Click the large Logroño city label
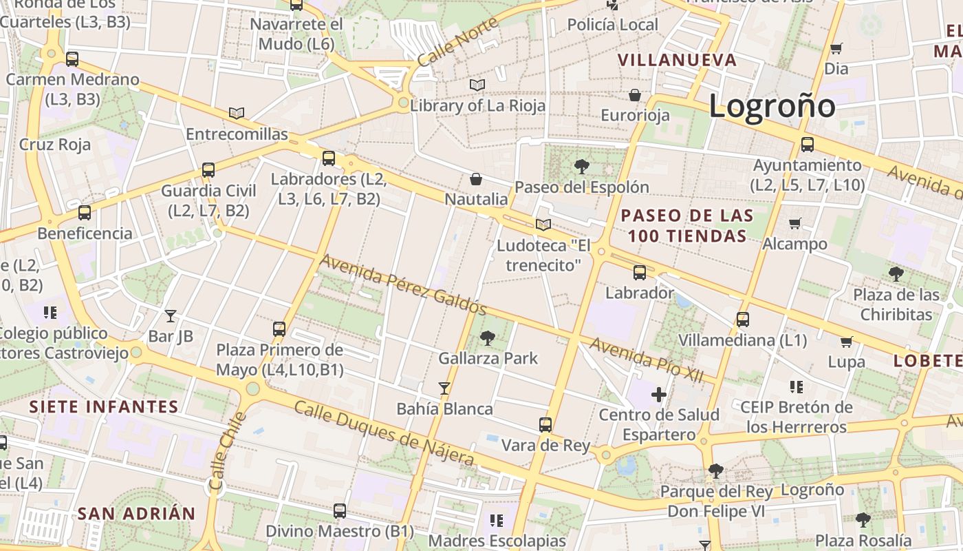(x=772, y=106)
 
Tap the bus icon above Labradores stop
(x=329, y=158)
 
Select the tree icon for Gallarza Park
(x=488, y=337)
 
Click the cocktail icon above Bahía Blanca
(x=444, y=388)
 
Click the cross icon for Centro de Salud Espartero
(x=659, y=395)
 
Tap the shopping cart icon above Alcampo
(x=795, y=223)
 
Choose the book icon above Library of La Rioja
(x=477, y=85)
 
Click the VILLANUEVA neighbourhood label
(x=677, y=60)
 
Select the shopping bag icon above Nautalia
(x=476, y=179)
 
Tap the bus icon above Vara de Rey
(x=545, y=424)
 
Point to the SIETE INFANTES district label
(x=104, y=406)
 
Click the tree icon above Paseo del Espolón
(x=581, y=166)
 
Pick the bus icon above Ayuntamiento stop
(x=808, y=145)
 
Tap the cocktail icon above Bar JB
(x=171, y=316)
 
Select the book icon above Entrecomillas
(x=237, y=113)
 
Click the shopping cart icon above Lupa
(x=847, y=342)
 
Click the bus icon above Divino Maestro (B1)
(x=340, y=511)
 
